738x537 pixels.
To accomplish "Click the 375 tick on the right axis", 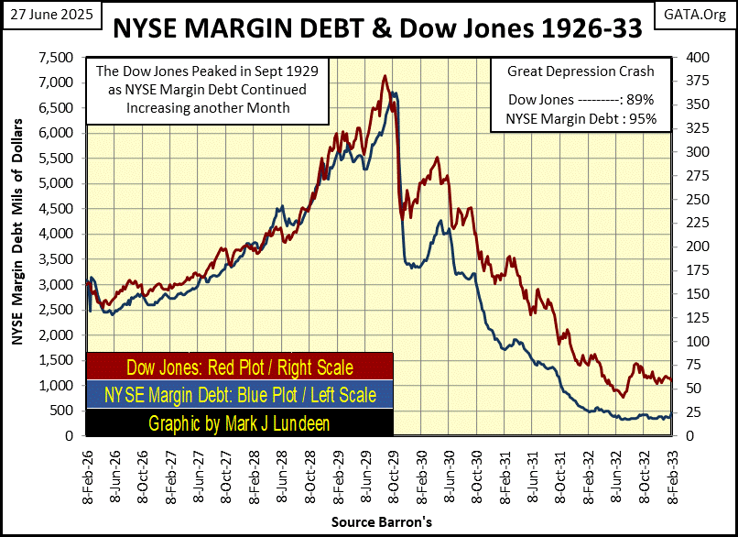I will coord(689,82).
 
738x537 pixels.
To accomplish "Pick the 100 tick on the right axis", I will coord(689,342).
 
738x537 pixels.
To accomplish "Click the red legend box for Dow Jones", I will coord(240,367).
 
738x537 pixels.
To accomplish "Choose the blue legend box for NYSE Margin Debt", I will coord(240,395).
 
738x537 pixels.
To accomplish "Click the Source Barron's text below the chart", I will coord(382,521).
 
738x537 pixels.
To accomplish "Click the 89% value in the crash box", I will coord(637,99).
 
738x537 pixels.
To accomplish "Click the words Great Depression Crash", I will coord(574,71).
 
